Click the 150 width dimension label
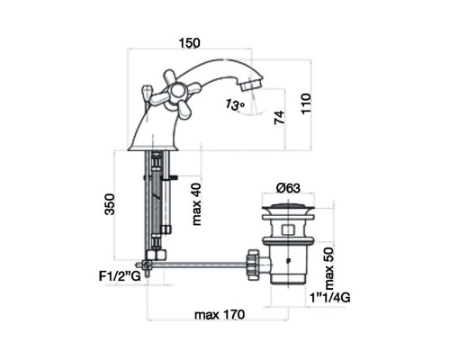(x=189, y=43)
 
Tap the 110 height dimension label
(x=306, y=103)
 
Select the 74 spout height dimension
(x=279, y=117)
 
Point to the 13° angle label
(x=235, y=104)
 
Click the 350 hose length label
(x=110, y=204)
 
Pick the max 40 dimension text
(x=197, y=203)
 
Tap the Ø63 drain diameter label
(x=288, y=188)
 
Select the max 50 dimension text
(x=328, y=267)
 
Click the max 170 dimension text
(x=220, y=315)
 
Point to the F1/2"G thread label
(x=120, y=276)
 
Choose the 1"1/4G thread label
(x=329, y=298)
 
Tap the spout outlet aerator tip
(x=251, y=85)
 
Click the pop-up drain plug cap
(x=288, y=206)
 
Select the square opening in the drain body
(x=288, y=229)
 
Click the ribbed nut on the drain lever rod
(x=253, y=265)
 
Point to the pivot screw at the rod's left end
(x=147, y=265)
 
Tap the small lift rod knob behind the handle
(x=147, y=91)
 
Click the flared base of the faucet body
(x=152, y=148)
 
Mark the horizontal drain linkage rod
(x=199, y=265)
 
